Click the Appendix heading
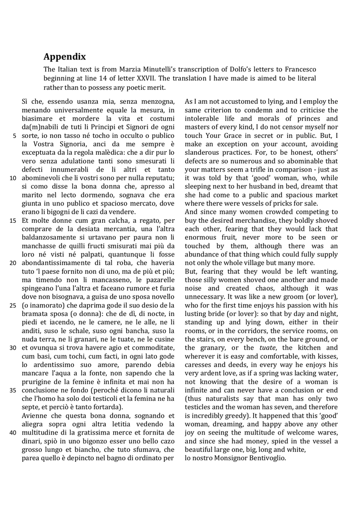65,57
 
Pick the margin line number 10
13,178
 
